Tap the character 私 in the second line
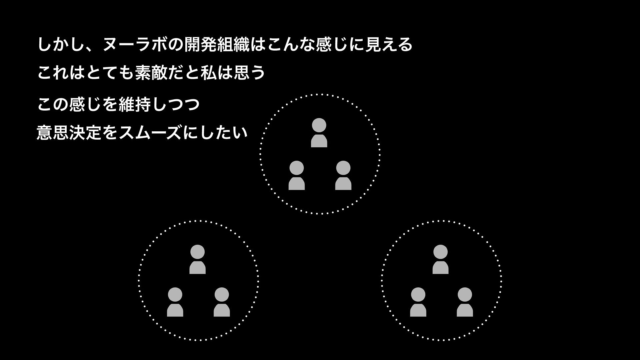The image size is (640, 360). (x=207, y=73)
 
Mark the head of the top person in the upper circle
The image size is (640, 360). (x=319, y=125)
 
